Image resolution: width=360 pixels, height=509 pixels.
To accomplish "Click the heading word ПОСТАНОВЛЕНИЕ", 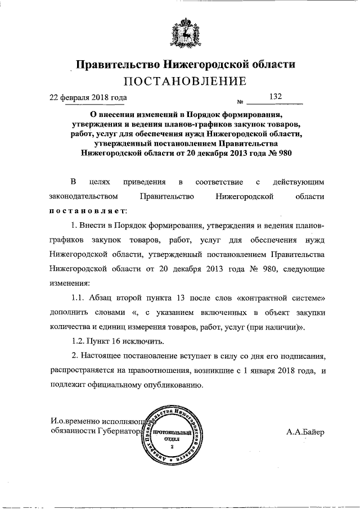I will click(x=184, y=82).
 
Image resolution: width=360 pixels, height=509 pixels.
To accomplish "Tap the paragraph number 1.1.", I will click(x=80, y=297).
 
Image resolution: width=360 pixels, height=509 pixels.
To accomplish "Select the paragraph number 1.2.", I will click(x=80, y=341).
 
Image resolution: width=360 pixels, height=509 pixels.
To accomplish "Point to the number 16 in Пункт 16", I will click(x=123, y=341).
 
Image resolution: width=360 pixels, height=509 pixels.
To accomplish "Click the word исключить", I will click(x=147, y=341).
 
